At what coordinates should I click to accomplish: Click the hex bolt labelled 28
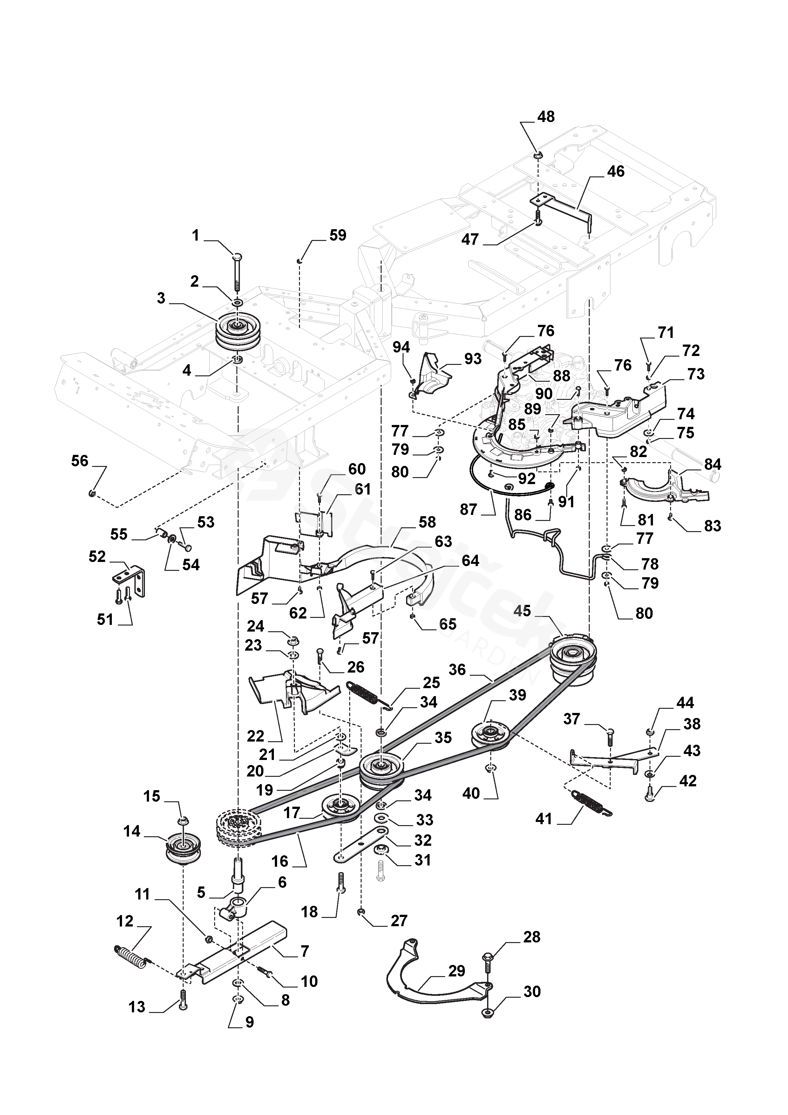(487, 959)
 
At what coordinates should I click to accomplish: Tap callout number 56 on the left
(80, 461)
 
